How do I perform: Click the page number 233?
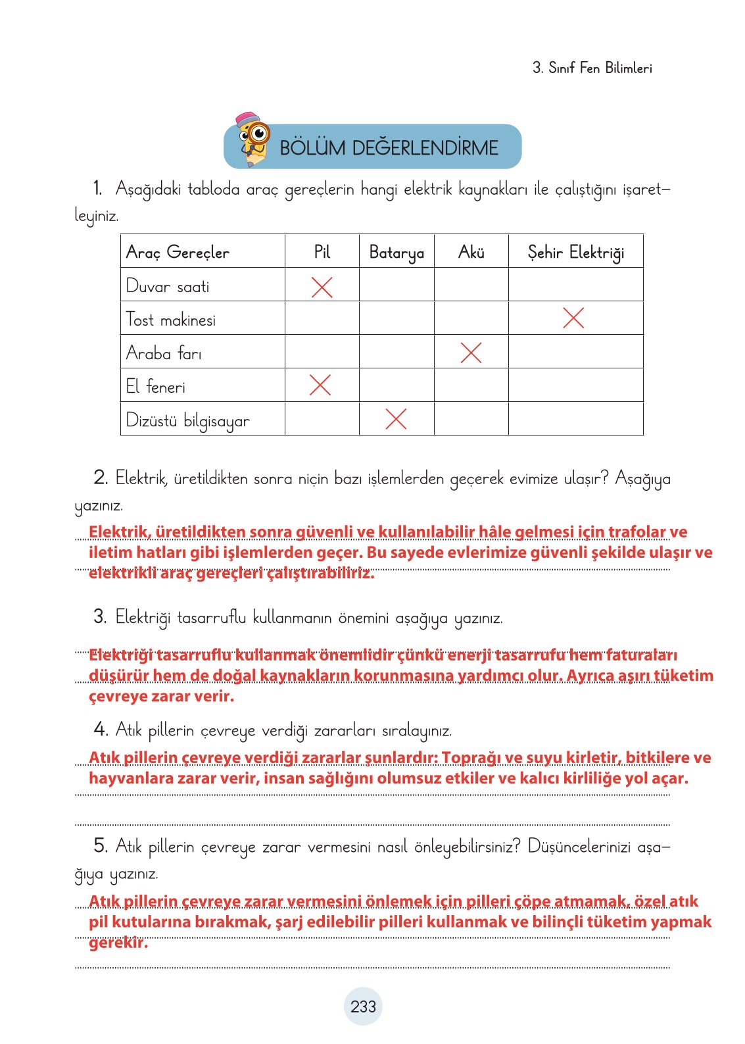point(363,1007)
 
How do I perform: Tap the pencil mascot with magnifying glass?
point(253,139)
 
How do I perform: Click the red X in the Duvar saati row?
point(322,287)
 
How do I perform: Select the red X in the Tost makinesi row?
point(573,318)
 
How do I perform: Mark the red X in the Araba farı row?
point(471,352)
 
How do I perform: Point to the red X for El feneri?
point(320,385)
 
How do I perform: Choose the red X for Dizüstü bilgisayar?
point(396,418)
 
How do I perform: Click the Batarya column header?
point(397,252)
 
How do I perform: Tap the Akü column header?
point(471,251)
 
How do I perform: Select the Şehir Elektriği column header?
point(575,252)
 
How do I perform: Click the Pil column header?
point(322,251)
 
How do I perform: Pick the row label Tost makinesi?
point(171,320)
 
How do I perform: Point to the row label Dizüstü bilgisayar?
point(188,420)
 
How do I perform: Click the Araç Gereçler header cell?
point(178,252)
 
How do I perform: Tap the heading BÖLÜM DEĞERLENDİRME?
point(389,147)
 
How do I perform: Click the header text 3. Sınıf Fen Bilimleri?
point(592,68)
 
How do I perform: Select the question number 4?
point(101,729)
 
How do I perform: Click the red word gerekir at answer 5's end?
point(118,942)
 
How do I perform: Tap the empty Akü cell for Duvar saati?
point(471,285)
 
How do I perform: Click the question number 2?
point(101,478)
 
